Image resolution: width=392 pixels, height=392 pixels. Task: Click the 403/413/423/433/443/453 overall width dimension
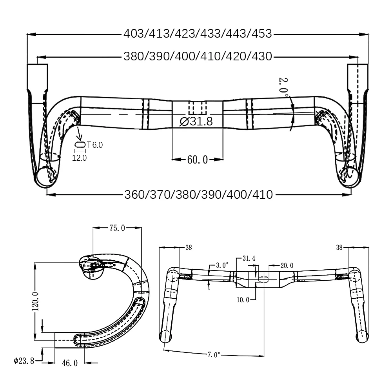pyautogui.click(x=198, y=34)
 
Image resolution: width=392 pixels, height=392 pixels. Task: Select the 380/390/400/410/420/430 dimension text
pyautogui.click(x=198, y=56)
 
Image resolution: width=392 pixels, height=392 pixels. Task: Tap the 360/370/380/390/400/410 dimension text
pyautogui.click(x=198, y=194)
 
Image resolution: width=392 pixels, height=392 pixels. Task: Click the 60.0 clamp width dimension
pyautogui.click(x=197, y=160)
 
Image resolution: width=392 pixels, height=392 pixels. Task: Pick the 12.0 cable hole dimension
pyautogui.click(x=80, y=158)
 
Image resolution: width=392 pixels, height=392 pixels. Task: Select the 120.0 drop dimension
pyautogui.click(x=36, y=301)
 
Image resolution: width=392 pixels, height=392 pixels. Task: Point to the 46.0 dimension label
pyautogui.click(x=70, y=363)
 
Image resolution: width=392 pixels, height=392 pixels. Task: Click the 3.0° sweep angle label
pyautogui.click(x=222, y=265)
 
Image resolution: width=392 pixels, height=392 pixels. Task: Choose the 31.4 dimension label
pyautogui.click(x=249, y=258)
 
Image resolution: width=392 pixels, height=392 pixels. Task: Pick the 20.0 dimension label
pyautogui.click(x=287, y=266)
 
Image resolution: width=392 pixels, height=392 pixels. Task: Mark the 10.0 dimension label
pyautogui.click(x=243, y=300)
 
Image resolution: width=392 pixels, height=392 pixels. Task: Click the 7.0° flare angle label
pyautogui.click(x=213, y=355)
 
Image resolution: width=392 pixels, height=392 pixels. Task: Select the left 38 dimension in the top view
pyautogui.click(x=189, y=247)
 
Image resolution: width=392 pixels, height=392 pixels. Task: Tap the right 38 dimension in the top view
pyautogui.click(x=339, y=247)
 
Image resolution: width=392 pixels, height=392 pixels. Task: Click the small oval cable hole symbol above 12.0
pyautogui.click(x=80, y=145)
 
